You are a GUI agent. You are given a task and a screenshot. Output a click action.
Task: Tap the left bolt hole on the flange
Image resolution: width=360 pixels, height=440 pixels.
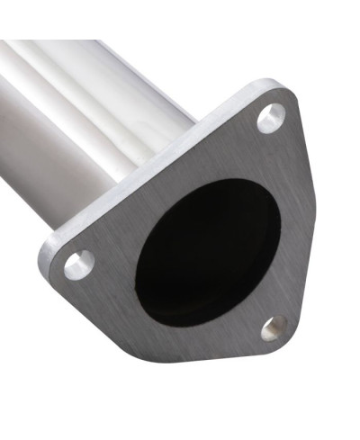79,264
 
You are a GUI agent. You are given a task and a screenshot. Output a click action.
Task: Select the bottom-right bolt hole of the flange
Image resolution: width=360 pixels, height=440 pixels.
274,328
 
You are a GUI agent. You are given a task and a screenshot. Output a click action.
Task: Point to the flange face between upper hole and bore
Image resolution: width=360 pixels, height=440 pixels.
252,157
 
